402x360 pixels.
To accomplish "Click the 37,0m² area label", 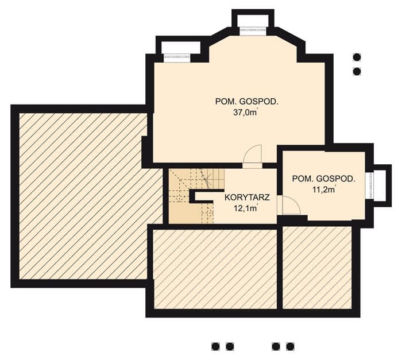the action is click(245, 113).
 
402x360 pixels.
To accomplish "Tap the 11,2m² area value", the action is click(324, 189).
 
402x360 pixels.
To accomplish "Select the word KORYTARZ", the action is click(247, 198).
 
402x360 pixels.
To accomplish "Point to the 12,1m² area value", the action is click(246, 208).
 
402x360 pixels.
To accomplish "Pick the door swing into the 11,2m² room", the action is click(291, 205).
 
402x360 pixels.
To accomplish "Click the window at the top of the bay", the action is click(253, 30).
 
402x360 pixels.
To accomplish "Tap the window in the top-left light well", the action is click(177, 58).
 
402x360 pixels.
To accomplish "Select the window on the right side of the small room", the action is click(370, 185).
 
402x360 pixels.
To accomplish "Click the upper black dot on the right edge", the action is click(357, 57).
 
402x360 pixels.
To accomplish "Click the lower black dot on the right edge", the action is click(357, 71).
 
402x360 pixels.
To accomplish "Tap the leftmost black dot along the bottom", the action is click(215, 347).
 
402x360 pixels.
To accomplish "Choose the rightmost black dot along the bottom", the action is click(290, 347).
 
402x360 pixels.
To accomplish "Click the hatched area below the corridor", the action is click(215, 269).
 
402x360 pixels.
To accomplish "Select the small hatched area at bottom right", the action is click(317, 268).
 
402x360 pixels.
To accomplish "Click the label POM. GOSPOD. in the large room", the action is click(246, 102).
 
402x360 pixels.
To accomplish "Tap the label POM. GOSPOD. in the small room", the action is click(324, 179).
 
